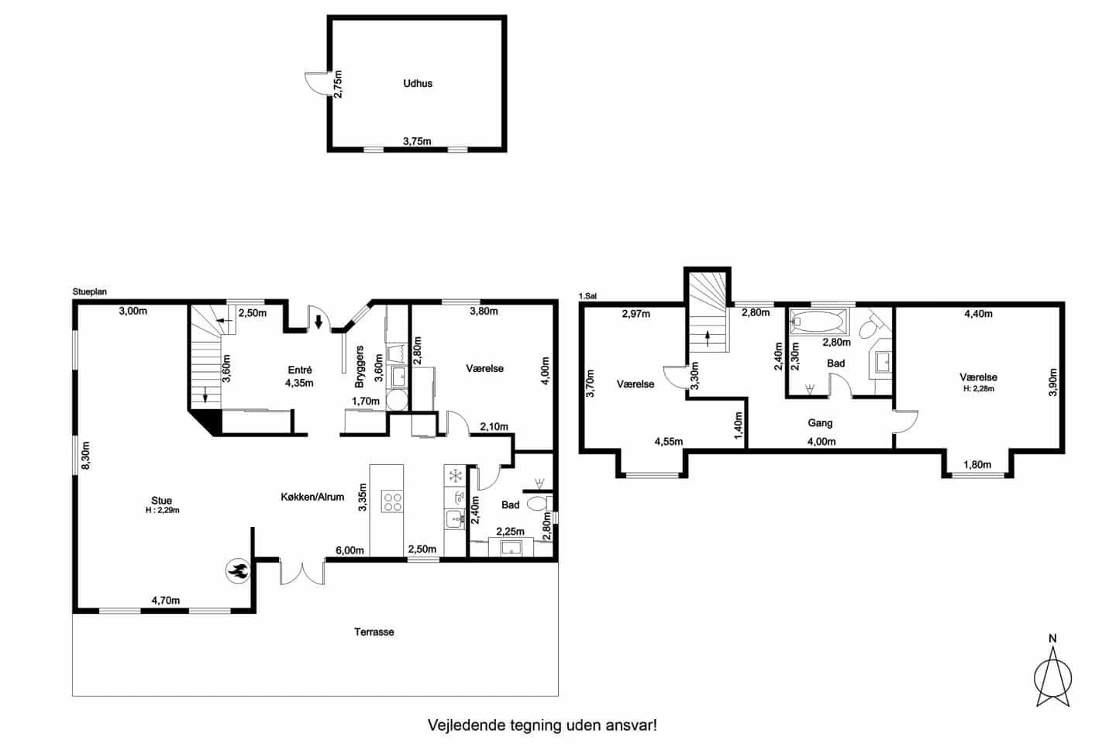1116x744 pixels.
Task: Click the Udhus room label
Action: click(x=418, y=83)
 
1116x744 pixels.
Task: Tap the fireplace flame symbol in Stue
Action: click(x=238, y=570)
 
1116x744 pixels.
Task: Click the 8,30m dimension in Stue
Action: click(x=86, y=455)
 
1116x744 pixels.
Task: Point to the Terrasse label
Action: click(x=374, y=632)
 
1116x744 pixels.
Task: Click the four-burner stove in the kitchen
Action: click(x=392, y=501)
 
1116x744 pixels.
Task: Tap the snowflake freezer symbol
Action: click(x=456, y=475)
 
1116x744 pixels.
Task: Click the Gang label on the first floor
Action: click(x=820, y=423)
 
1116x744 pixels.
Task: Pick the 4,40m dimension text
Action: click(x=979, y=314)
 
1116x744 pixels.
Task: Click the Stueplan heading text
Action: click(x=90, y=292)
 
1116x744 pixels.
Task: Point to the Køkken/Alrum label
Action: click(x=312, y=497)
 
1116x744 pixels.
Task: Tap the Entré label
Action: click(x=299, y=370)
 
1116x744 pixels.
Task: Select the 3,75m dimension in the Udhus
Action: click(x=417, y=141)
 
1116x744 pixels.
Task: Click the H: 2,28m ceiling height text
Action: click(x=979, y=389)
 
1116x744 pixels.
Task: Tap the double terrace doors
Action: click(x=302, y=573)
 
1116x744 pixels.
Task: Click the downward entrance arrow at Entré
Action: click(x=319, y=322)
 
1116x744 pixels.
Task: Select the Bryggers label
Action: click(x=360, y=367)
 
